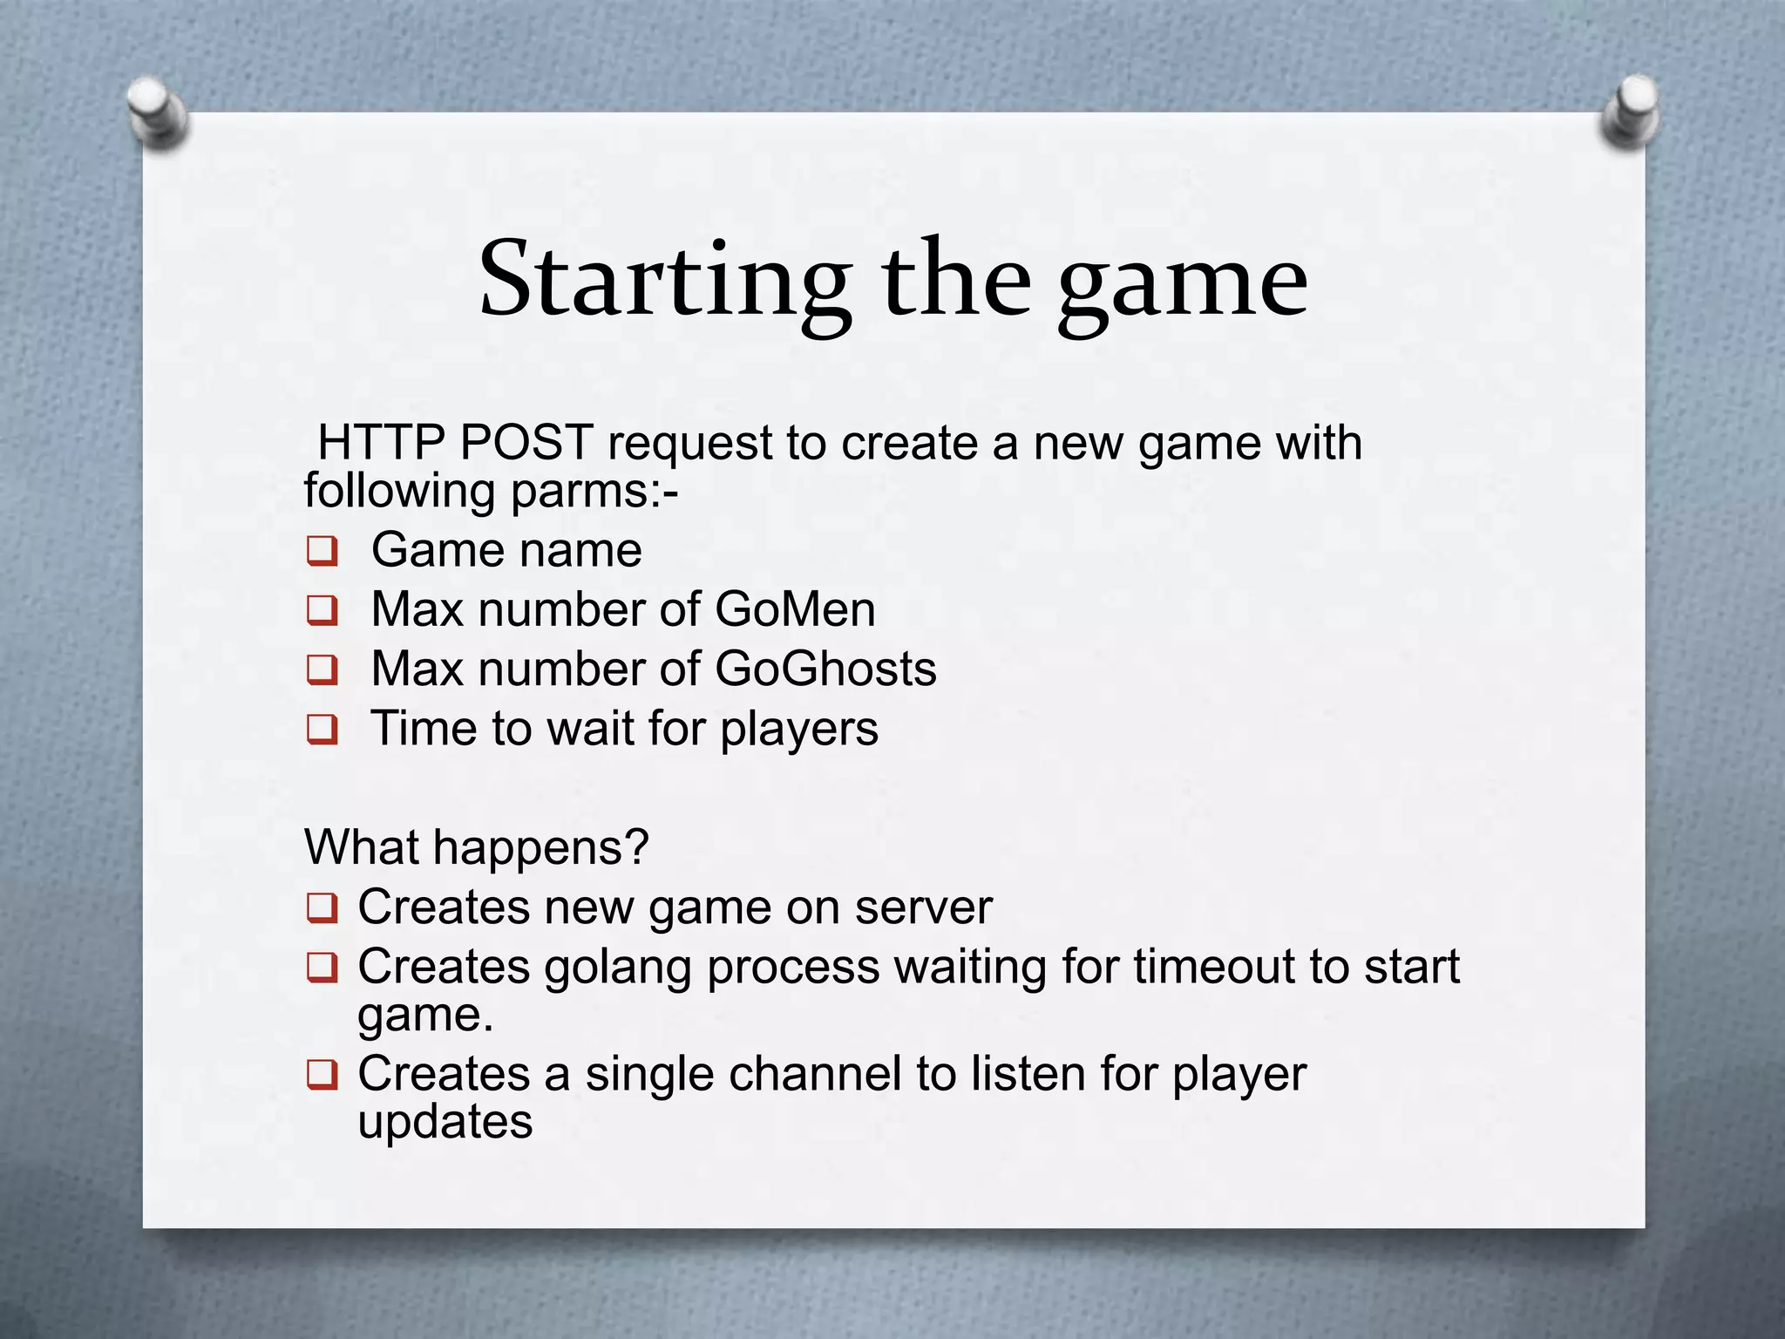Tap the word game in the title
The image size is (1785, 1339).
point(1183,284)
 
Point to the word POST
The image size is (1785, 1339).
point(526,442)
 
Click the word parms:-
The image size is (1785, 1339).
point(594,492)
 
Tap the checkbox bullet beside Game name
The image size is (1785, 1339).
point(322,552)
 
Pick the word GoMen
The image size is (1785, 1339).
point(795,609)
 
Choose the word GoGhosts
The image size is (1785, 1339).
point(825,669)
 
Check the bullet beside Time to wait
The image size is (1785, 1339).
point(322,730)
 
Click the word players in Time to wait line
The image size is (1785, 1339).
point(798,730)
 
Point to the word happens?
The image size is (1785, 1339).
point(540,847)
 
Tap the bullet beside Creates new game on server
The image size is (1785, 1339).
point(322,909)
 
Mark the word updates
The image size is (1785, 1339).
point(445,1122)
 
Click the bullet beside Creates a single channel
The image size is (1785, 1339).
point(322,1075)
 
